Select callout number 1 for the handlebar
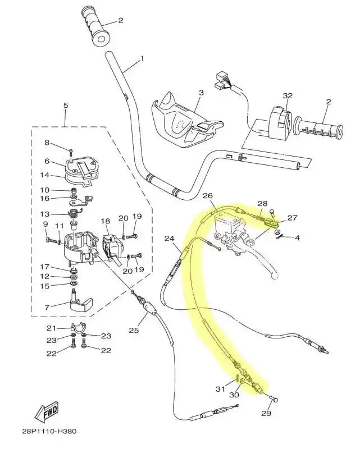pyautogui.click(x=142, y=58)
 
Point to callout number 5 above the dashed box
pyautogui.click(x=65, y=105)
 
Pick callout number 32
pyautogui.click(x=287, y=96)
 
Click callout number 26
pyautogui.click(x=208, y=196)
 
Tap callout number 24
pyautogui.click(x=169, y=239)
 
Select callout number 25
pyautogui.click(x=133, y=330)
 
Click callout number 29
pyautogui.click(x=266, y=414)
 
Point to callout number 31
pyautogui.click(x=220, y=390)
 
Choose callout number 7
pyautogui.click(x=47, y=307)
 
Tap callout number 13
pyautogui.click(x=45, y=214)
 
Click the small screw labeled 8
pyautogui.click(x=71, y=150)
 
